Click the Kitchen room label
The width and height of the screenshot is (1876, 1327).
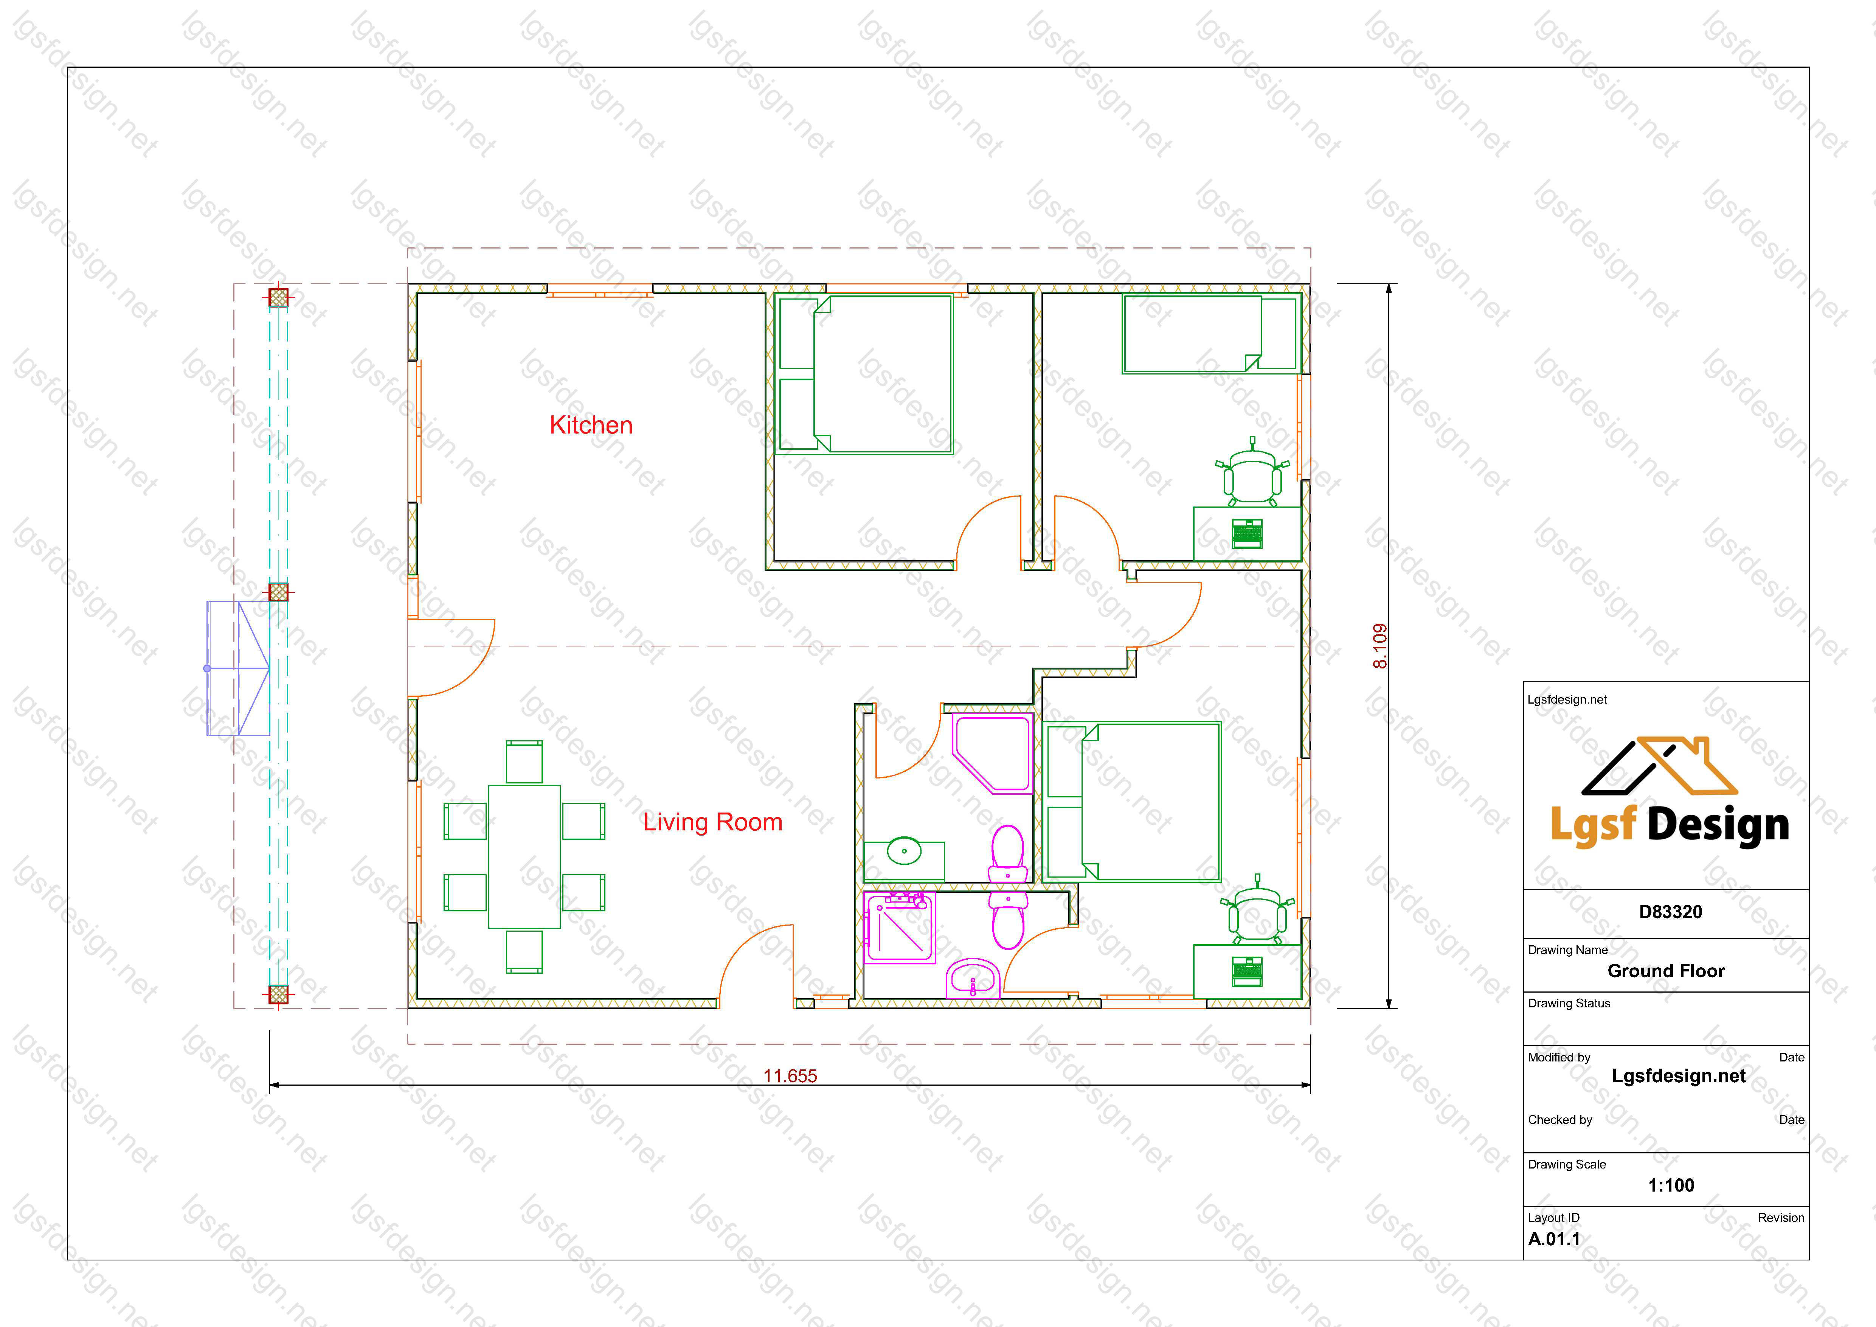pyautogui.click(x=591, y=425)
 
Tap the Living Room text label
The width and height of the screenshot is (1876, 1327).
pyautogui.click(x=712, y=822)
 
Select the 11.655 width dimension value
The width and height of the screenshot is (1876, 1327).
pyautogui.click(x=790, y=1076)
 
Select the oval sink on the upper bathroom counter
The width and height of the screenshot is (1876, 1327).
pyautogui.click(x=904, y=851)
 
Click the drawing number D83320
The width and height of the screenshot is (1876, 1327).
pyautogui.click(x=1670, y=912)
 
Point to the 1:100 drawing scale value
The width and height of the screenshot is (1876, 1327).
pyautogui.click(x=1671, y=1185)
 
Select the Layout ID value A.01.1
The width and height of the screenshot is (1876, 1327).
pyautogui.click(x=1554, y=1239)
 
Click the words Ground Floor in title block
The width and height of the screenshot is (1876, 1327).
pyautogui.click(x=1666, y=971)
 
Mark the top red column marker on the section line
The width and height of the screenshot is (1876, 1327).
pyautogui.click(x=279, y=297)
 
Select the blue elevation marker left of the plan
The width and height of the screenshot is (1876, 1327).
pyautogui.click(x=238, y=668)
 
